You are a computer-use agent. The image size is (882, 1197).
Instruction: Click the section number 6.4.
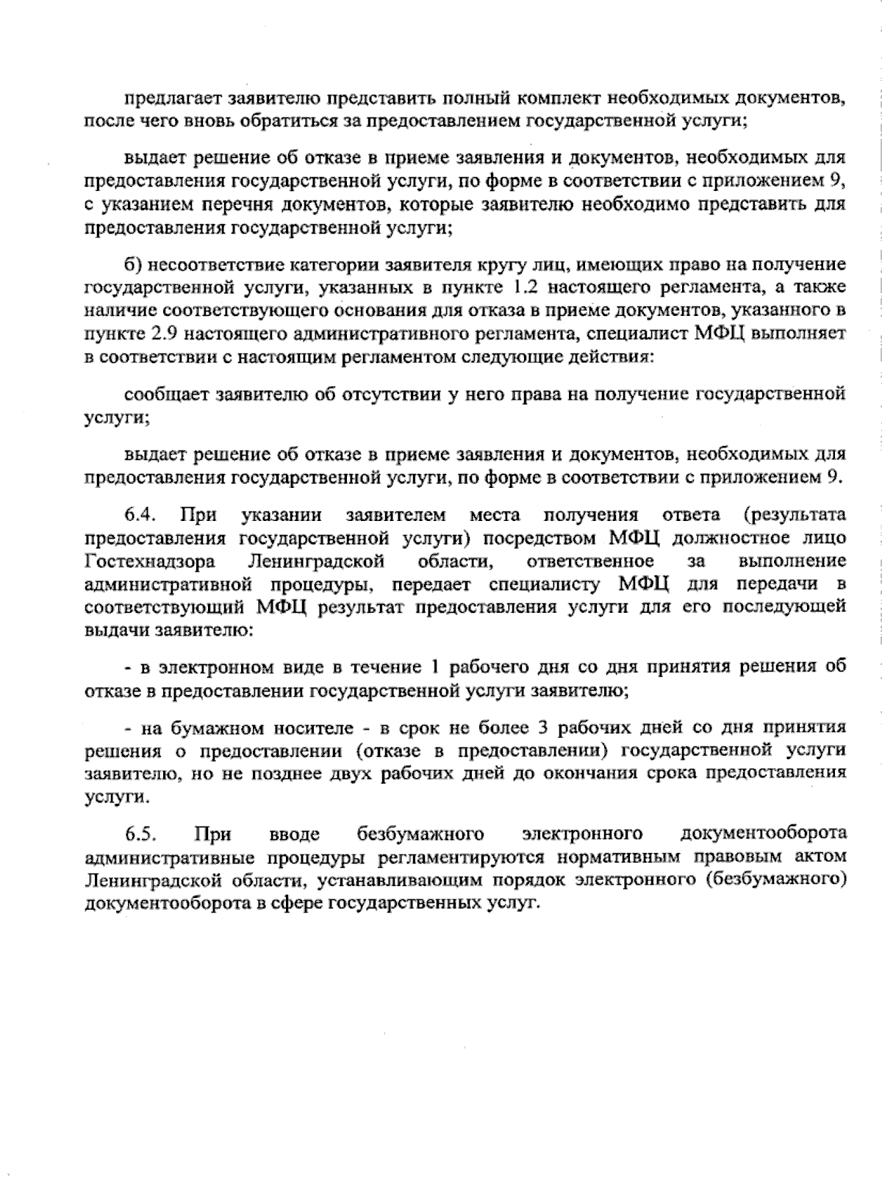point(138,514)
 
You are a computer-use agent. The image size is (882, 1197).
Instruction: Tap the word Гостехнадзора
point(150,562)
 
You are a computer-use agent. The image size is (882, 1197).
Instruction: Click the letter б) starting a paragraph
point(132,264)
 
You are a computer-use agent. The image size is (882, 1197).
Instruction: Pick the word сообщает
point(165,395)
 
